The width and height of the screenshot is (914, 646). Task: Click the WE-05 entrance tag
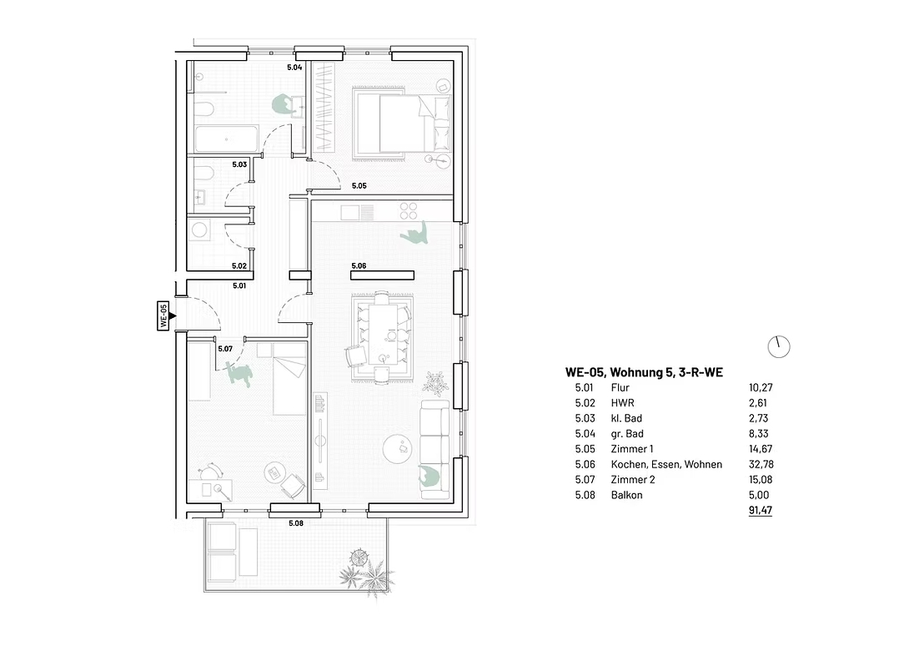pyautogui.click(x=163, y=315)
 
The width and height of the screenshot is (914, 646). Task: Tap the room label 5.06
pyautogui.click(x=359, y=265)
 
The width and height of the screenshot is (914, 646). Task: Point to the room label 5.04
pyautogui.click(x=294, y=67)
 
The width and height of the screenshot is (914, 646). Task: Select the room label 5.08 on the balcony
pyautogui.click(x=296, y=523)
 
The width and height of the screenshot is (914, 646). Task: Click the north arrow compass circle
pyautogui.click(x=779, y=346)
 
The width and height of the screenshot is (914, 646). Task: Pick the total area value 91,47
pyautogui.click(x=761, y=510)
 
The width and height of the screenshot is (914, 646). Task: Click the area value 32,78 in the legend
pyautogui.click(x=761, y=465)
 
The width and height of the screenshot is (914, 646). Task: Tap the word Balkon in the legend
pyautogui.click(x=626, y=495)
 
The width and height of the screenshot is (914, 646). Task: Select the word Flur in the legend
pyautogui.click(x=620, y=387)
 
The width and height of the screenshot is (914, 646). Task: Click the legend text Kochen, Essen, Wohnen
pyautogui.click(x=666, y=465)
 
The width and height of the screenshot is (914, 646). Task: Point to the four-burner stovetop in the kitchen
pyautogui.click(x=409, y=210)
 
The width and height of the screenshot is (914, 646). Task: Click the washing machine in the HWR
pyautogui.click(x=200, y=229)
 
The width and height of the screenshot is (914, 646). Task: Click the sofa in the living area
pyautogui.click(x=434, y=449)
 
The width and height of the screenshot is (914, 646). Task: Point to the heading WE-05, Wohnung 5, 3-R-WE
pyautogui.click(x=644, y=372)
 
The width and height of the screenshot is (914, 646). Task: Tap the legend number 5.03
pyautogui.click(x=584, y=418)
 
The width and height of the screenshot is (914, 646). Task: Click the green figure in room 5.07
pyautogui.click(x=239, y=373)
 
